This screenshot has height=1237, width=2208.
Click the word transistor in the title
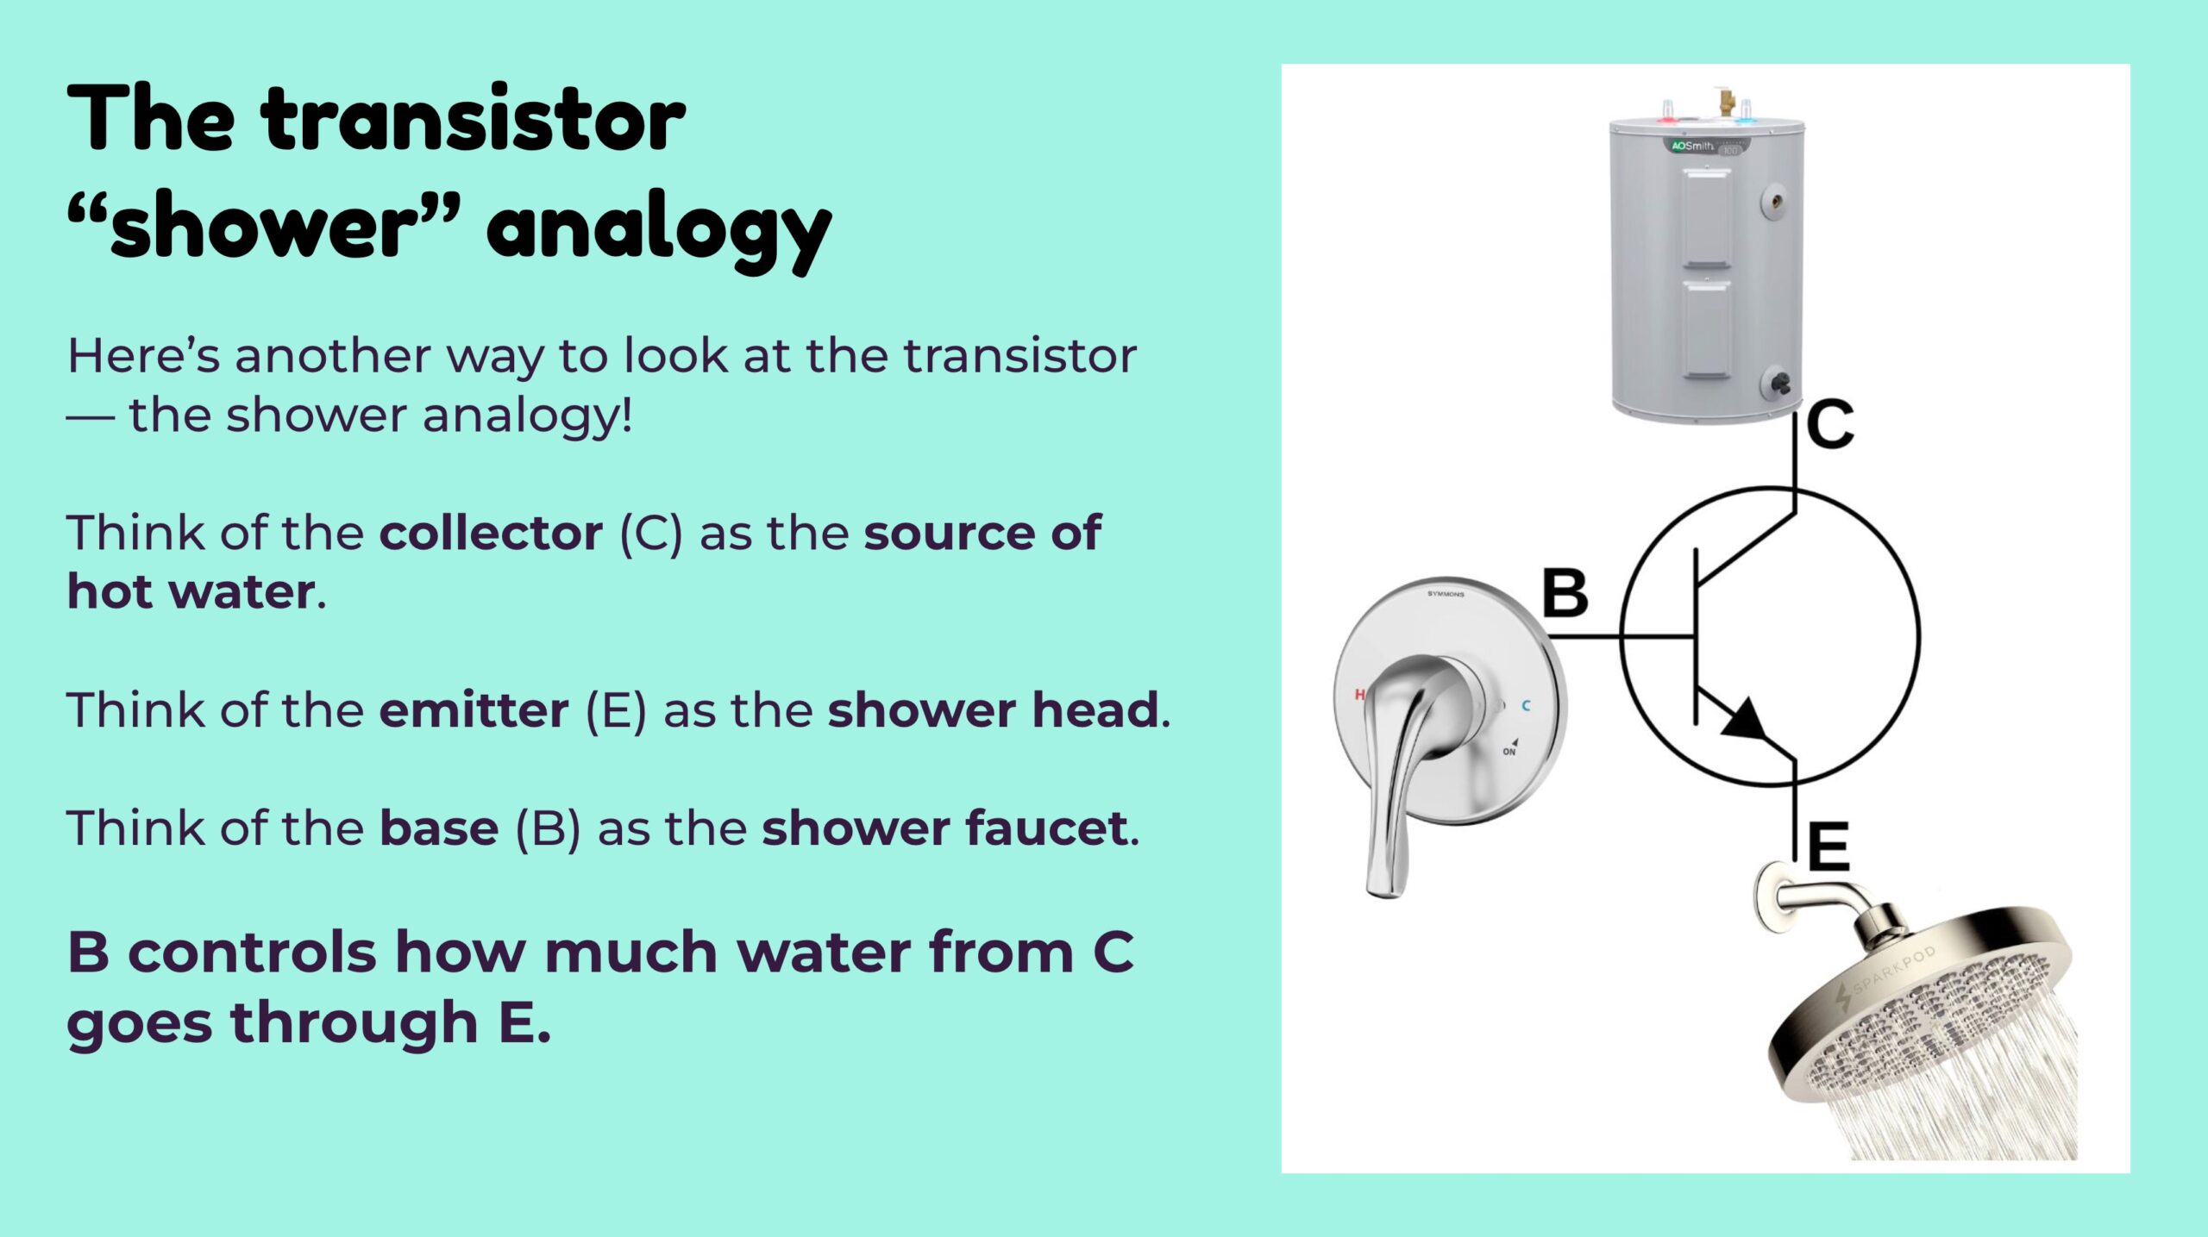click(x=474, y=120)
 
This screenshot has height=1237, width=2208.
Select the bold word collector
click(x=491, y=533)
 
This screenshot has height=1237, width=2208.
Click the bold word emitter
click(x=474, y=710)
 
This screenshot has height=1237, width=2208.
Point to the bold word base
click(x=439, y=828)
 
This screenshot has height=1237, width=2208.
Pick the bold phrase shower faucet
click(x=945, y=828)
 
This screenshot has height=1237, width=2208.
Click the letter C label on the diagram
click(x=1830, y=424)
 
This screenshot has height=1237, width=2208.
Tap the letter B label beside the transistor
click(x=1565, y=593)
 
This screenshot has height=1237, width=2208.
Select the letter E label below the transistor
click(x=1828, y=847)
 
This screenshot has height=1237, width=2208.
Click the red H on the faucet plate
click(x=1359, y=694)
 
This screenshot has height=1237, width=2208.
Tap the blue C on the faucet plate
click(x=1526, y=705)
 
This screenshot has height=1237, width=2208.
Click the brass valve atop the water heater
click(x=1727, y=102)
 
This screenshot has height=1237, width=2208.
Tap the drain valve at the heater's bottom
click(x=1778, y=383)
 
